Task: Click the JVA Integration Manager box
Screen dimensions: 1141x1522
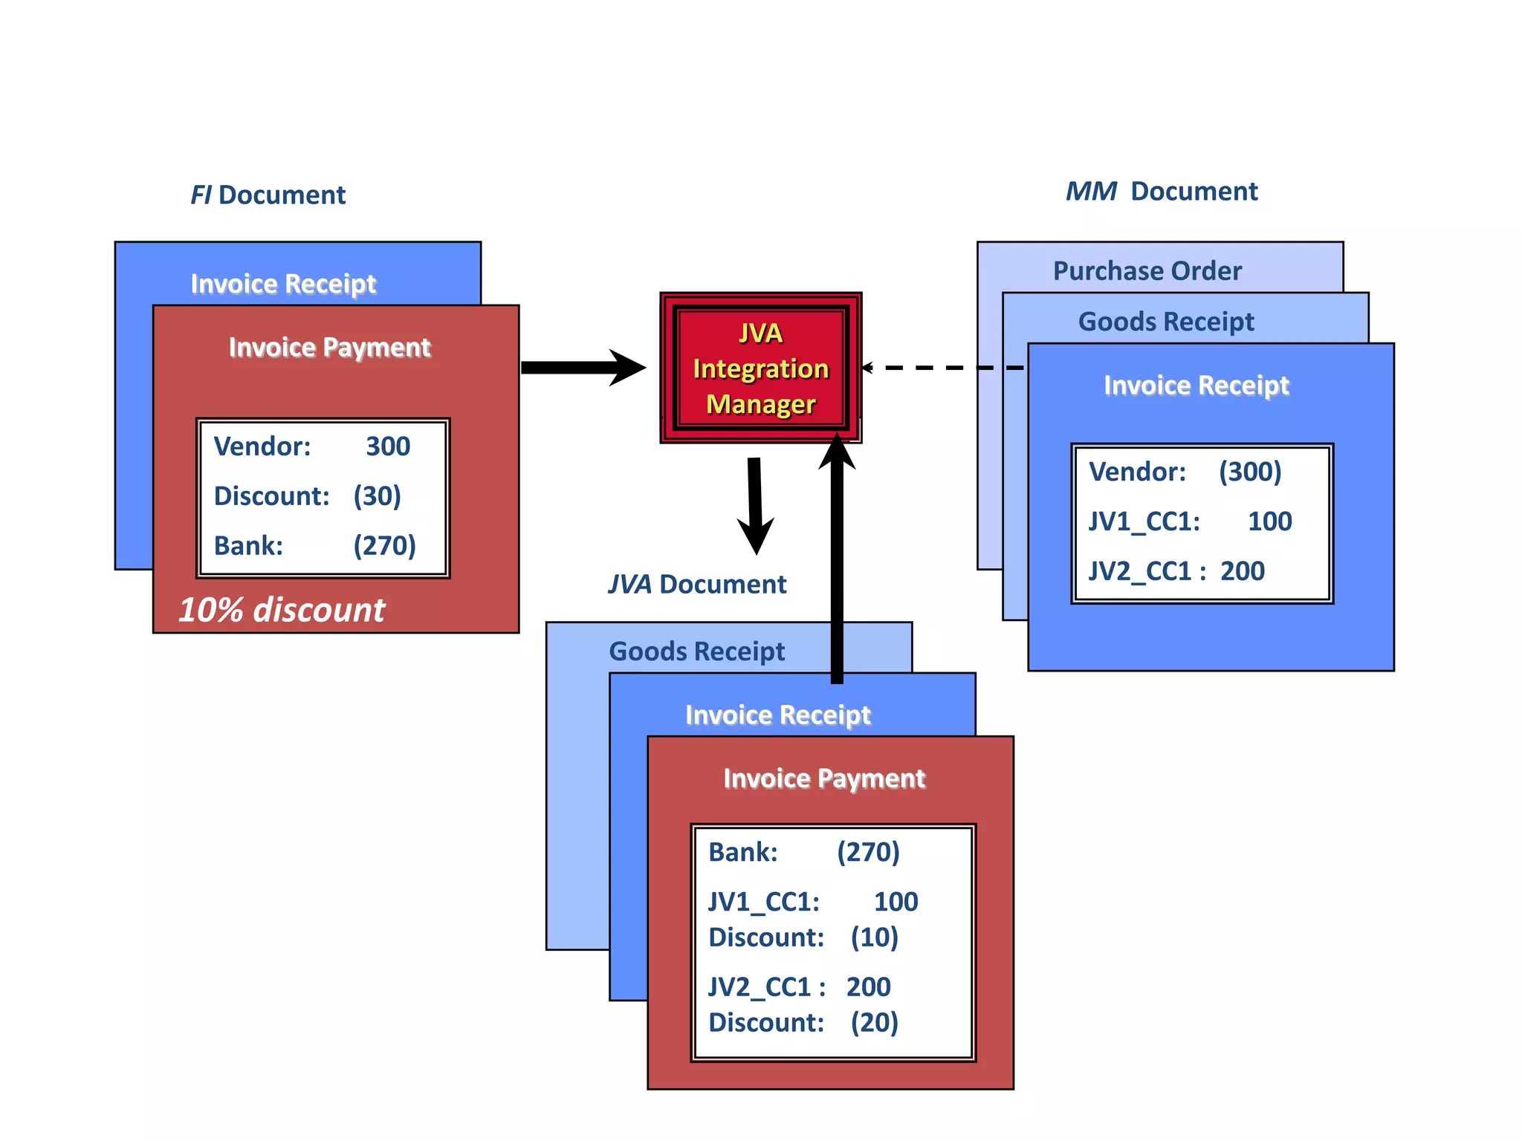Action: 760,368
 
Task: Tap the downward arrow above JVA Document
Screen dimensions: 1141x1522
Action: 756,505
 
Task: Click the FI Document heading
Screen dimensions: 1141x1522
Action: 268,195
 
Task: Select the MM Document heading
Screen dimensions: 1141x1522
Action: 1161,192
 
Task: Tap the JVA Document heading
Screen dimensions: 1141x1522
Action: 696,584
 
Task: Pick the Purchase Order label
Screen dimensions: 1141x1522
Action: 1147,271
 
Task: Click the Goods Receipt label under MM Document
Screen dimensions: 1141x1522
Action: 1165,322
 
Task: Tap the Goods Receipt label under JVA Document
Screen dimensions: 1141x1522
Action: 696,651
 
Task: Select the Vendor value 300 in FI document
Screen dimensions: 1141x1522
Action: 388,446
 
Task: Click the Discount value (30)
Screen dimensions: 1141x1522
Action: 377,496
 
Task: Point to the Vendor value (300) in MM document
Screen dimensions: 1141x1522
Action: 1250,472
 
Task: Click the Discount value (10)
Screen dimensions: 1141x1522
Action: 874,937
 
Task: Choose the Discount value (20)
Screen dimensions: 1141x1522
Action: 874,1023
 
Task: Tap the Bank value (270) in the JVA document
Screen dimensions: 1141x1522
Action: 868,852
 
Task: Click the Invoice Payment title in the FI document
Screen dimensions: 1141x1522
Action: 329,348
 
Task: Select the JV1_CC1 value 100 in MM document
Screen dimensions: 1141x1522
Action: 1269,521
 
